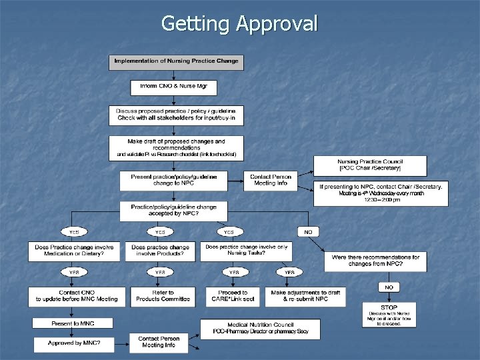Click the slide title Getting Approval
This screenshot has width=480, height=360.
pyautogui.click(x=239, y=24)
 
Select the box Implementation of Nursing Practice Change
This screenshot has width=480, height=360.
pyautogui.click(x=177, y=62)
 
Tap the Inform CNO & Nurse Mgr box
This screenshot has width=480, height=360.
pyautogui.click(x=173, y=87)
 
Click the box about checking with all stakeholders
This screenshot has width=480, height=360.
pyautogui.click(x=176, y=115)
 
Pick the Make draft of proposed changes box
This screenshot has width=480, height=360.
pyautogui.click(x=176, y=148)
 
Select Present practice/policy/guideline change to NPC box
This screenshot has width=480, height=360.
pyautogui.click(x=173, y=180)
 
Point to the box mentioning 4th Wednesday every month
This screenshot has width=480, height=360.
pyautogui.click(x=381, y=193)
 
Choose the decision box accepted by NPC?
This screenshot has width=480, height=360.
pyautogui.click(x=173, y=211)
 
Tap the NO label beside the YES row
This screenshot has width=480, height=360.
pyautogui.click(x=308, y=232)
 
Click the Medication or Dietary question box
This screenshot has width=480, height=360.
pyautogui.click(x=74, y=251)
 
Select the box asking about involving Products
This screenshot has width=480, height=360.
pyautogui.click(x=161, y=251)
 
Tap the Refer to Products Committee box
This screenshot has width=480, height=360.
pyautogui.click(x=163, y=296)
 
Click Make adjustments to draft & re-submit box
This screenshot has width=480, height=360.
pyautogui.click(x=305, y=296)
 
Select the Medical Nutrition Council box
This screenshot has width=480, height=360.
pyautogui.click(x=260, y=329)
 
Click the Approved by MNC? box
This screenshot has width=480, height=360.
pyautogui.click(x=74, y=343)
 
